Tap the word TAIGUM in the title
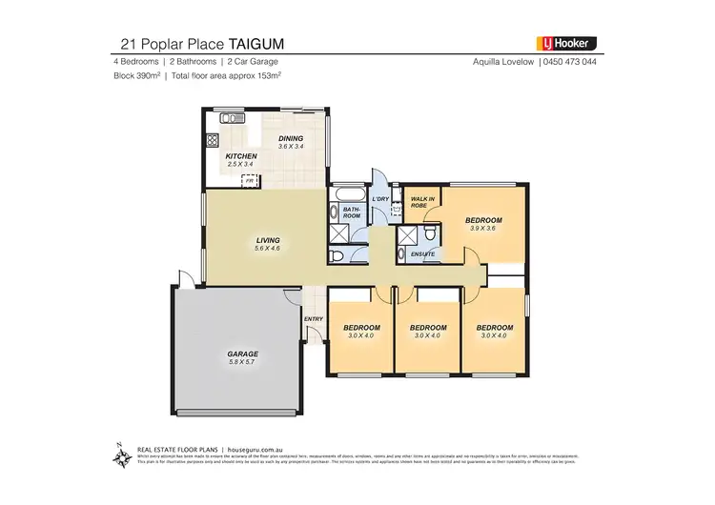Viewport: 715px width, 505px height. (255, 43)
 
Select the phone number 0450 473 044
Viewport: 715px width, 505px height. (571, 62)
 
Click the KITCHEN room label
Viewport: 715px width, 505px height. (240, 155)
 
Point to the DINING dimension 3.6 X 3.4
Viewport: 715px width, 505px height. (291, 147)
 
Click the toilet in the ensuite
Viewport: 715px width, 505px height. (431, 233)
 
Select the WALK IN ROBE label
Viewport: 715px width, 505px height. (423, 201)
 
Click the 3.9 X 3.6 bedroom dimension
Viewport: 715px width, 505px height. (483, 229)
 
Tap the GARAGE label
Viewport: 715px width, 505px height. (243, 353)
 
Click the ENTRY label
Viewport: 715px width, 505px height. (313, 318)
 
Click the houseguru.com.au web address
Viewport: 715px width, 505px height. (231, 446)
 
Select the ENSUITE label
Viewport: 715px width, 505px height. (423, 254)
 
